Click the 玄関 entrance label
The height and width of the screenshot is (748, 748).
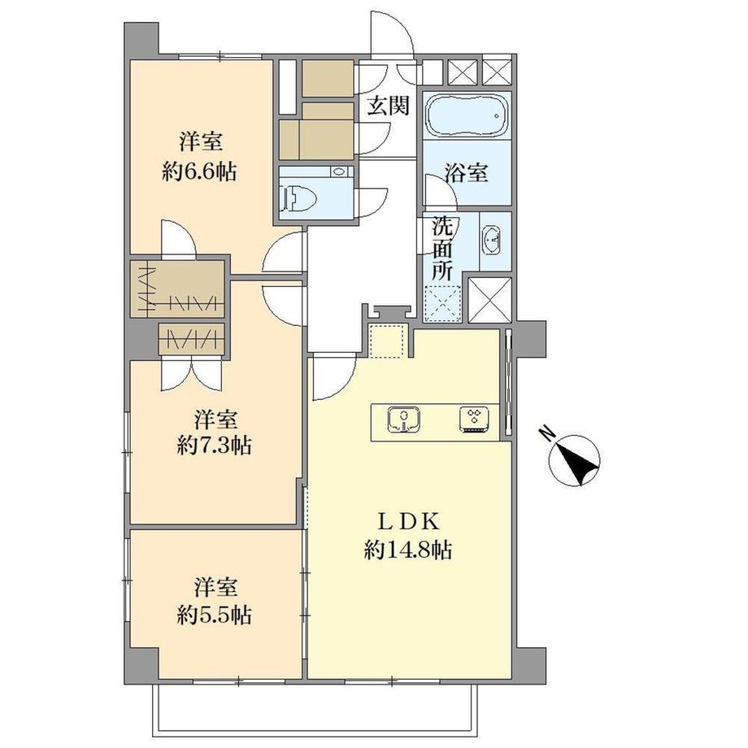coord(388,105)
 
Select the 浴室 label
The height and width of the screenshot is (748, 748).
coord(466,172)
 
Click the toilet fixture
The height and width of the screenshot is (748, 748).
coord(302,198)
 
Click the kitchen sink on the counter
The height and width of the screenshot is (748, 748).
coord(403,420)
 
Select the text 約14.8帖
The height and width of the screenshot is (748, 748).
coord(408,551)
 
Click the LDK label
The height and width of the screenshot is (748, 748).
coord(408,523)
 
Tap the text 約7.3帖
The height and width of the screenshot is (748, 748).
coord(214,446)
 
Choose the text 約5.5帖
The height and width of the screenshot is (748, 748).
coord(214,615)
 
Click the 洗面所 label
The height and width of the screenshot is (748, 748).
coord(442,249)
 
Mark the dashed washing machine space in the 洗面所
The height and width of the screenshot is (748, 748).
coord(442,304)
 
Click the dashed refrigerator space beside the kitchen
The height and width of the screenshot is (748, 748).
coord(387,341)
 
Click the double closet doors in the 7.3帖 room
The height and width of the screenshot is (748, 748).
coord(191,375)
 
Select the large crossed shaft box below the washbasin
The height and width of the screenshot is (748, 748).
coord(490,299)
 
